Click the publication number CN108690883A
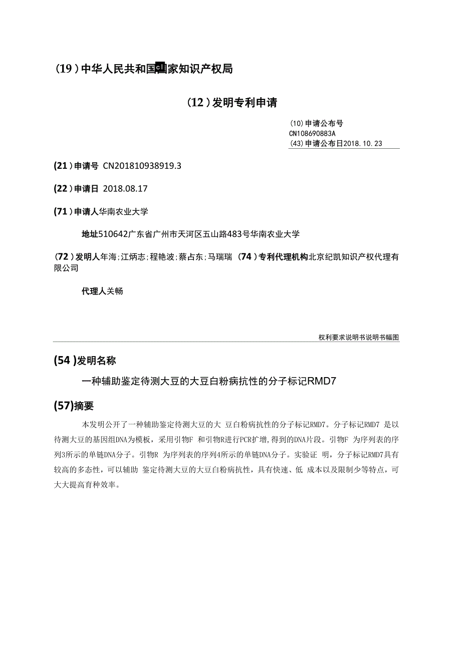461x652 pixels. pos(312,134)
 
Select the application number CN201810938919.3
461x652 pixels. pos(142,166)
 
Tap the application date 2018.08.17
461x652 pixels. pos(125,189)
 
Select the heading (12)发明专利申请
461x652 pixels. pos(232,103)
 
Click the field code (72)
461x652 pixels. pos(63,257)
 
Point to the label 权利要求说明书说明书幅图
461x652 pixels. pos(359,338)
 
